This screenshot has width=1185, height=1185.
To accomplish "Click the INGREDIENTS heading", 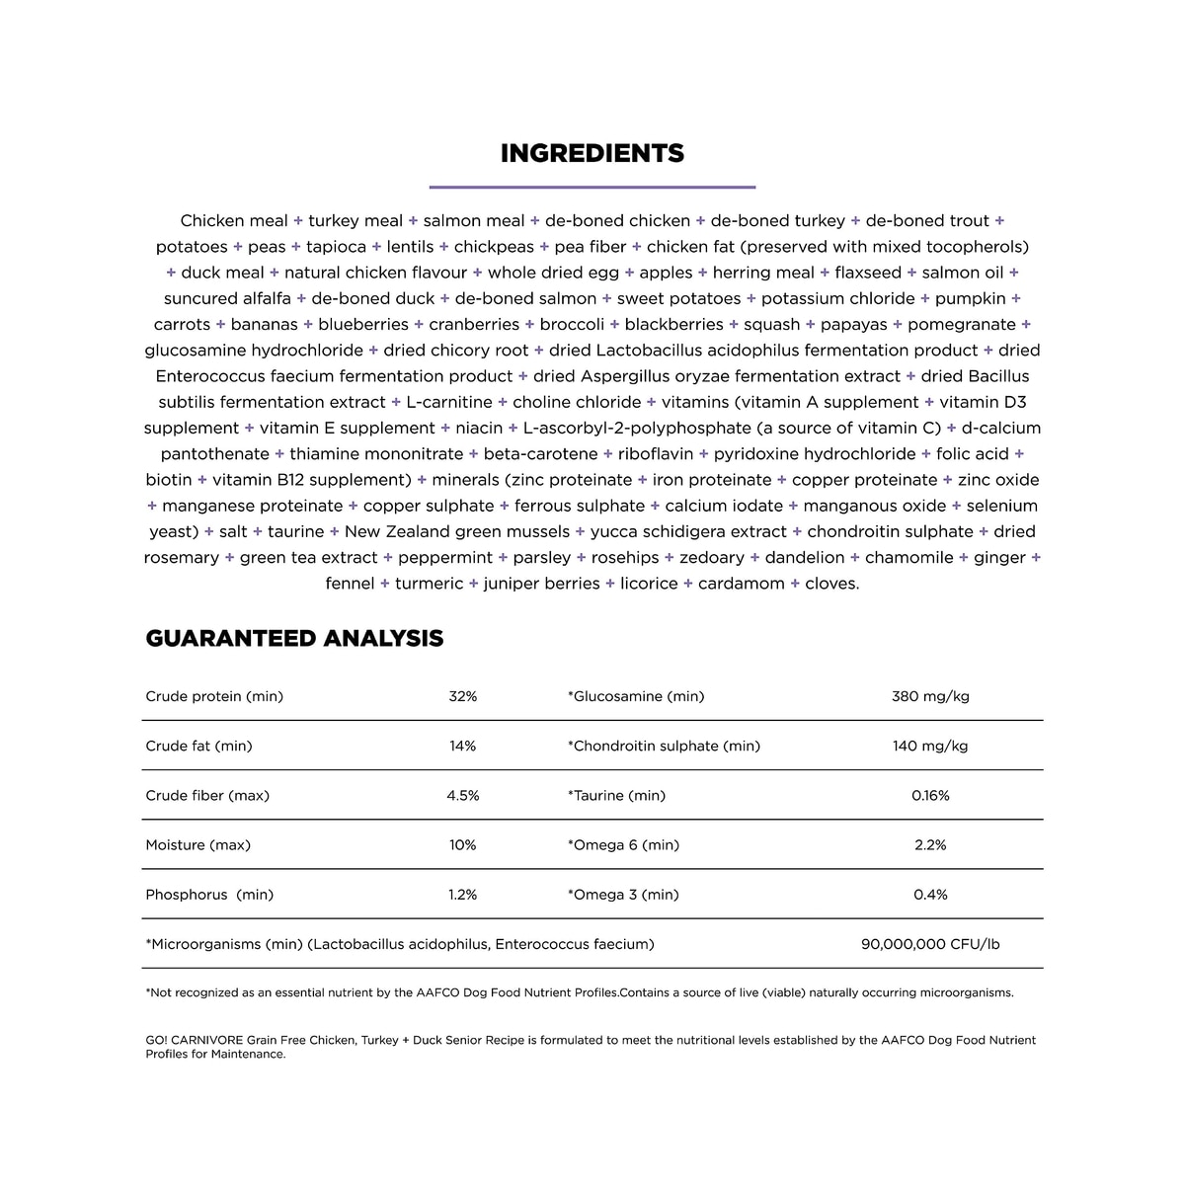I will (592, 153).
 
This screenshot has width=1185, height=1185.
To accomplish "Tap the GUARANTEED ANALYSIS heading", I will (294, 638).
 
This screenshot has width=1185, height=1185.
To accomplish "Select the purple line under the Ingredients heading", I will (592, 187).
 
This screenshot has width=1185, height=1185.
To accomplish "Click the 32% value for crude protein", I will (462, 696).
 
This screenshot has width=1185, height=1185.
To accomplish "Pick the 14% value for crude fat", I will (462, 746).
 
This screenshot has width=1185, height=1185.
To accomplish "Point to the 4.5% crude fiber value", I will (462, 795).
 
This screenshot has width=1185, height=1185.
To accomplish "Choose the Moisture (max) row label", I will (197, 845).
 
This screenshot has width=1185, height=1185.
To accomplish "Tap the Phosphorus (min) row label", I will (209, 895).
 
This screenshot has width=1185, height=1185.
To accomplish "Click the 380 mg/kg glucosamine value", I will (930, 696).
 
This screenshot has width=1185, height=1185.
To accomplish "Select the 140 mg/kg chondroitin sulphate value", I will (930, 746).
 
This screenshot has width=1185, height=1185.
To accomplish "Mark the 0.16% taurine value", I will (930, 795).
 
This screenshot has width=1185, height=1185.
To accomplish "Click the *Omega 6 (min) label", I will (623, 845).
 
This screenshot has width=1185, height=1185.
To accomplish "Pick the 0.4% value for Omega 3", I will (930, 895).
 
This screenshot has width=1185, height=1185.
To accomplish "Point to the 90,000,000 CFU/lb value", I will (930, 944).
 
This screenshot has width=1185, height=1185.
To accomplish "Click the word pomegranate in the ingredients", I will (961, 324).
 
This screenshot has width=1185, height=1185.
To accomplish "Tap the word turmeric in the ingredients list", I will (429, 584).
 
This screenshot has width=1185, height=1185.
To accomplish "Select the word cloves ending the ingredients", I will (831, 584).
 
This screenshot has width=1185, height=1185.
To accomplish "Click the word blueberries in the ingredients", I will (362, 324).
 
